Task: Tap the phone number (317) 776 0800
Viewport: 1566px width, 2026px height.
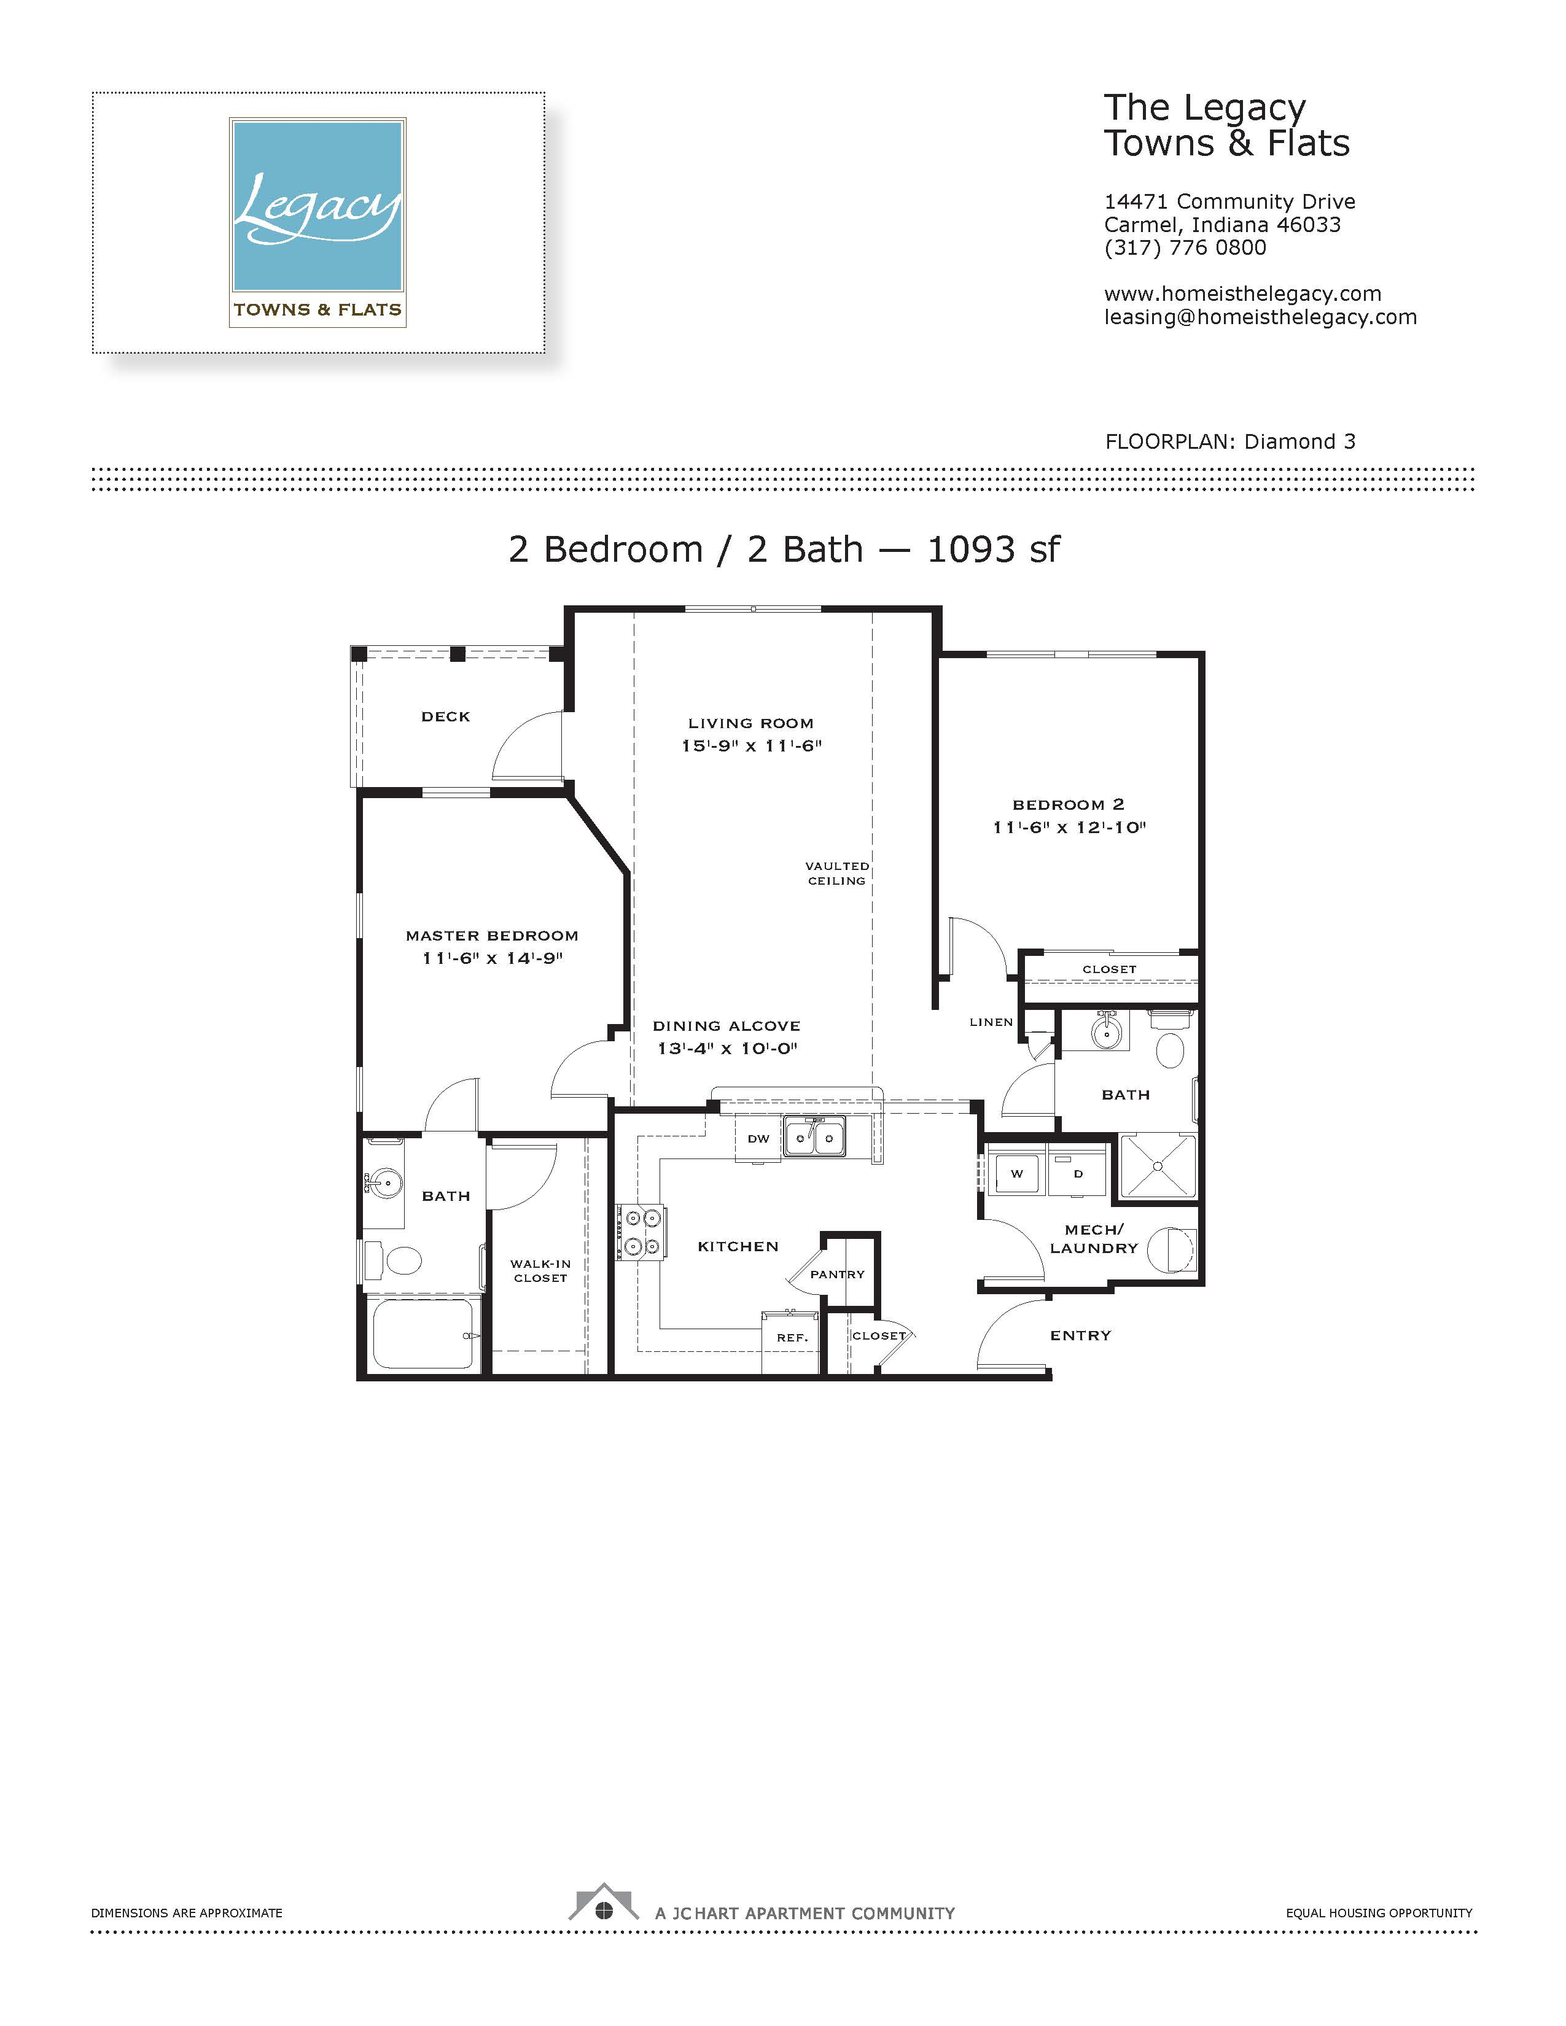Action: pyautogui.click(x=1185, y=247)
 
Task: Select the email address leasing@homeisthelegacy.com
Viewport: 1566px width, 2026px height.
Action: pyautogui.click(x=1260, y=317)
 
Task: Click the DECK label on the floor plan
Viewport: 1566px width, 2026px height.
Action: pyautogui.click(x=445, y=716)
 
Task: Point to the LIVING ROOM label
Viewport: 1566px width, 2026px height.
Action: pyautogui.click(x=750, y=723)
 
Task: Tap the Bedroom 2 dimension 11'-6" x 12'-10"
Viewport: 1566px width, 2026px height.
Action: pyautogui.click(x=1069, y=828)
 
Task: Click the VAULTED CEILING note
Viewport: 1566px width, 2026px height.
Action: pyautogui.click(x=837, y=873)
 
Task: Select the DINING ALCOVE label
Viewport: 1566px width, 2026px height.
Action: pyautogui.click(x=727, y=1026)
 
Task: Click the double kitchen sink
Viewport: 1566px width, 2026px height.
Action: pyautogui.click(x=814, y=1136)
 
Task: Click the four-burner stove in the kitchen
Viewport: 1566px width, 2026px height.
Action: pyautogui.click(x=641, y=1232)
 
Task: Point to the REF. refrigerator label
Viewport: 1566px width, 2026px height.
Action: pyautogui.click(x=792, y=1338)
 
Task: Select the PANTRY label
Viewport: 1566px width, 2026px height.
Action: pyautogui.click(x=837, y=1275)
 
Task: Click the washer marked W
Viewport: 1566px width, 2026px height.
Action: pyautogui.click(x=1017, y=1173)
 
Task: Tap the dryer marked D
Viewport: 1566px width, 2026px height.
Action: pyautogui.click(x=1078, y=1173)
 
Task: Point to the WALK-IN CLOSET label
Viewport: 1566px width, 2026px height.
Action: pyautogui.click(x=540, y=1271)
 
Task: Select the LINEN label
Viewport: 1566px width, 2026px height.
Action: pyautogui.click(x=991, y=1022)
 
